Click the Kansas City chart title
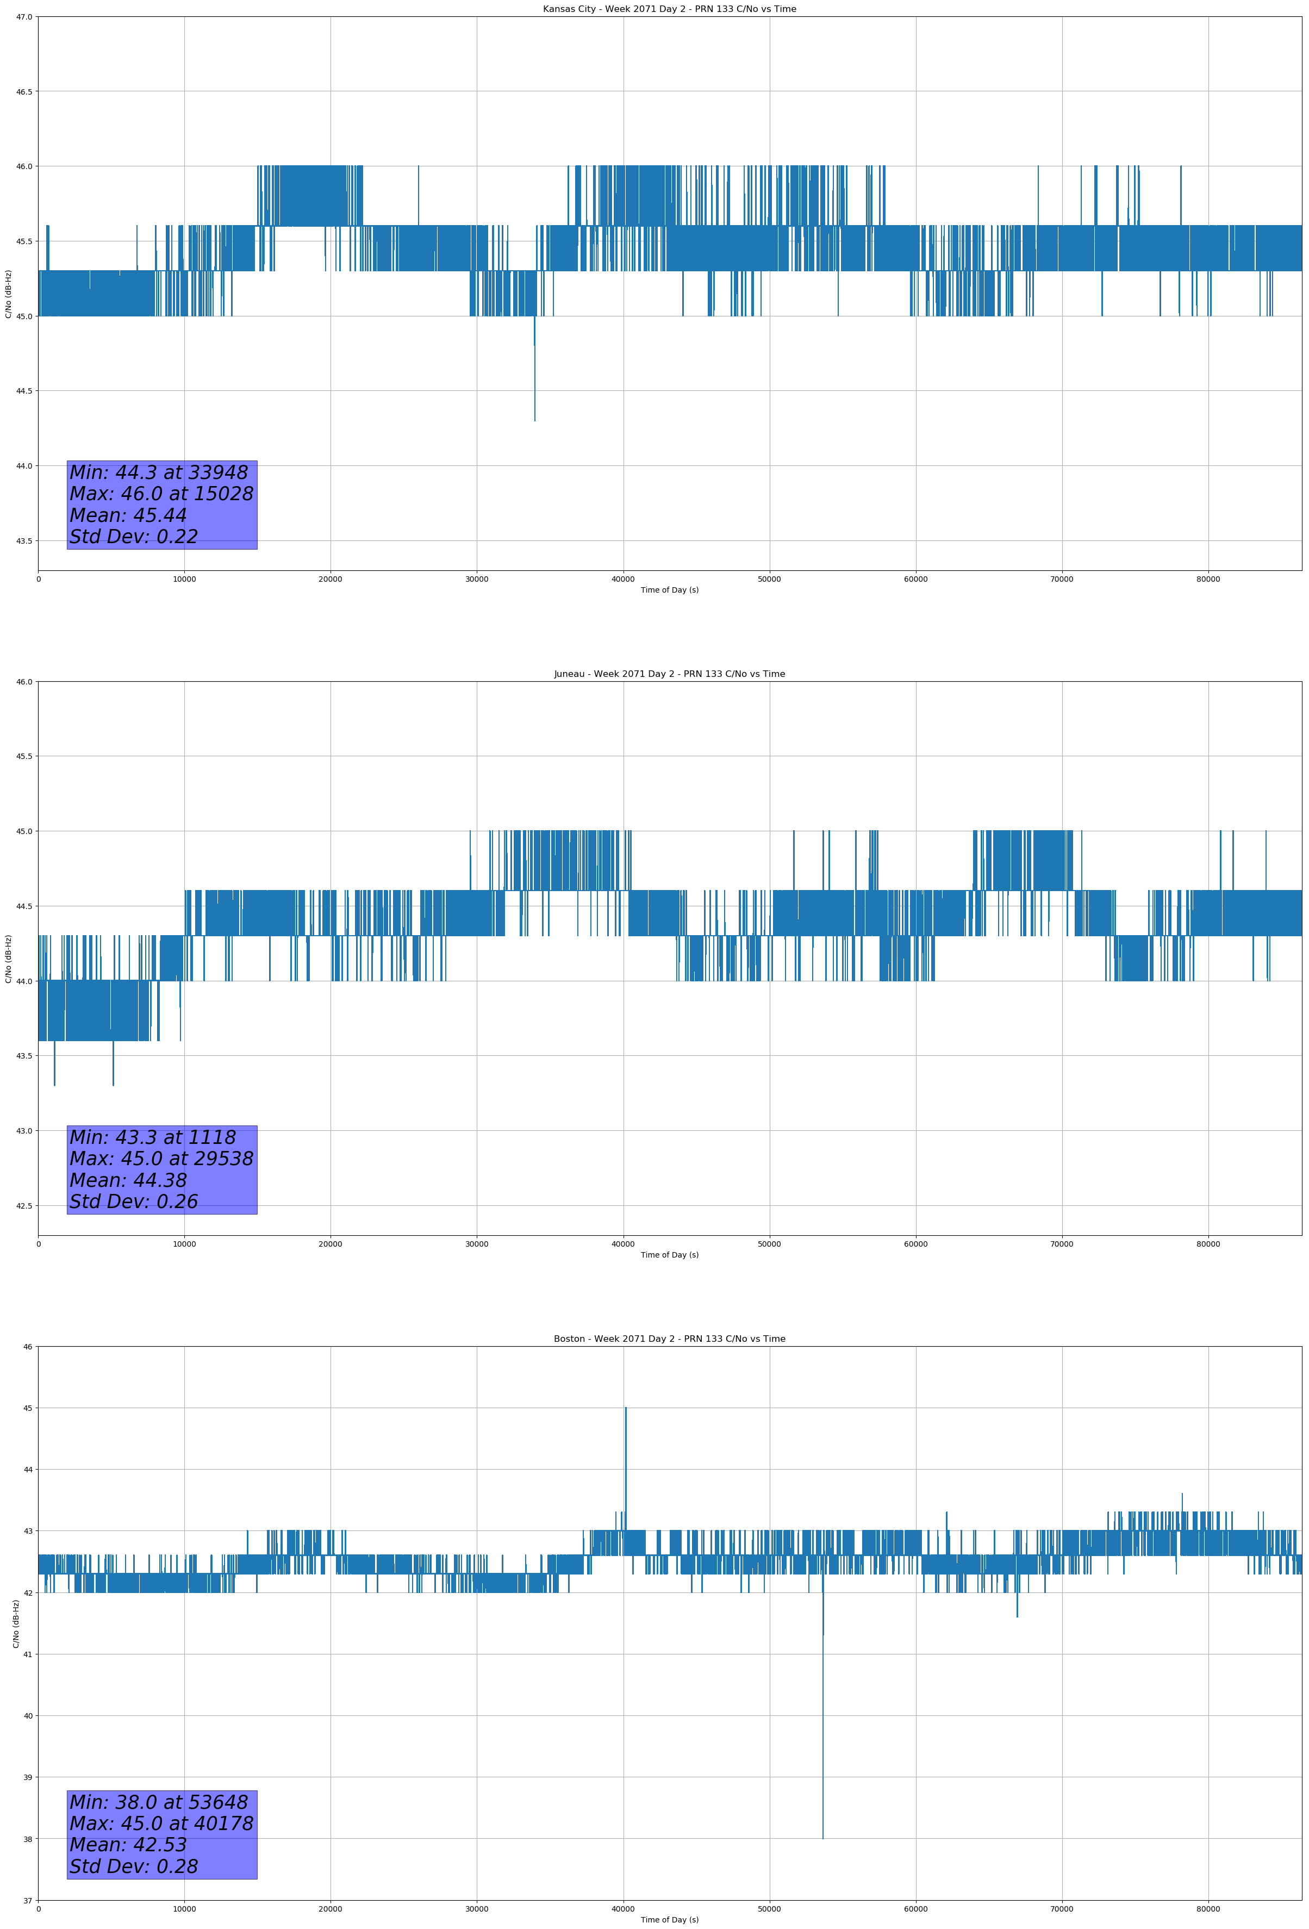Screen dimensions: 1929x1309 (669, 9)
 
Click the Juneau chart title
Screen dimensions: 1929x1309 (669, 674)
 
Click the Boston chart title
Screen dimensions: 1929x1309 (669, 1339)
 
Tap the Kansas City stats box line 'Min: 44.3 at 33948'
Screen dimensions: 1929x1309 (159, 472)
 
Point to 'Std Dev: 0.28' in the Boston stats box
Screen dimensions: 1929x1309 (134, 1866)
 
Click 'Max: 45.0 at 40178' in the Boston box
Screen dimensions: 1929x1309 (161, 1824)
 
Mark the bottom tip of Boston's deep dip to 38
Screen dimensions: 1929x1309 (822, 1838)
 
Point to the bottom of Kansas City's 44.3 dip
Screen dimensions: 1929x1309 (534, 420)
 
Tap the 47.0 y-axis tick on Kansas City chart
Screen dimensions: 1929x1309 (24, 17)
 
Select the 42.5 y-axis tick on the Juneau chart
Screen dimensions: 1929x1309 (24, 1206)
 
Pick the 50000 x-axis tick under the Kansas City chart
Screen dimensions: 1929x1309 (769, 580)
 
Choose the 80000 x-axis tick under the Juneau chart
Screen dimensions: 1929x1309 (1208, 1244)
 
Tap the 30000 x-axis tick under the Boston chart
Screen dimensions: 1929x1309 (476, 1909)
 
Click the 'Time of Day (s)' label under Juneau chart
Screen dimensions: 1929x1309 (669, 1255)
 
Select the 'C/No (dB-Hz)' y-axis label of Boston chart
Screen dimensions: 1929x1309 (16, 1623)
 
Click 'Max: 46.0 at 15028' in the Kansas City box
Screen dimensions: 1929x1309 (161, 494)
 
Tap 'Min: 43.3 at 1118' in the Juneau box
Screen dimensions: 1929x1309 (153, 1137)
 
